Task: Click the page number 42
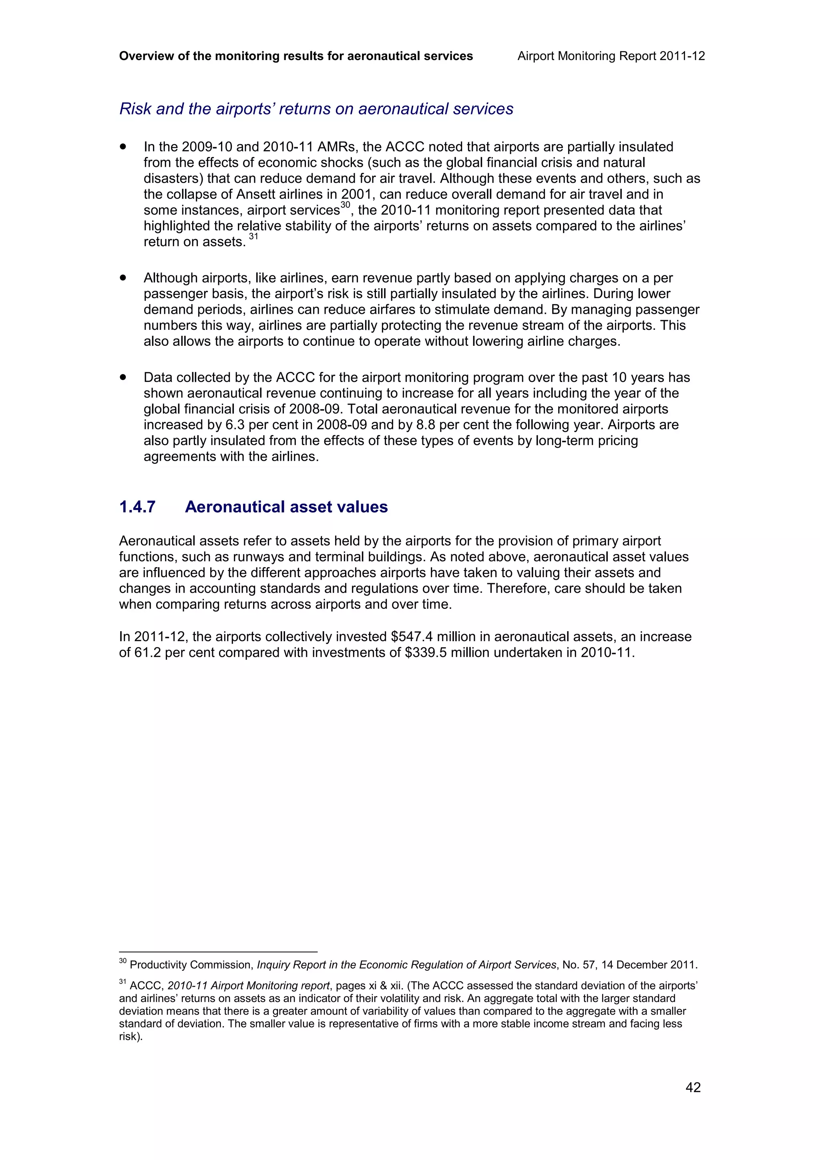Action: click(693, 1087)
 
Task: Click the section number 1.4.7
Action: click(137, 507)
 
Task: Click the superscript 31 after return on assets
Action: click(253, 237)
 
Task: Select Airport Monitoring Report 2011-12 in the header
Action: click(611, 56)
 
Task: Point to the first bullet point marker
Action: click(123, 147)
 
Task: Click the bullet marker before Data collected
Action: click(123, 377)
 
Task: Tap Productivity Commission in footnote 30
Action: click(191, 965)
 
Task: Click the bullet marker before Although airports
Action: click(123, 278)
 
